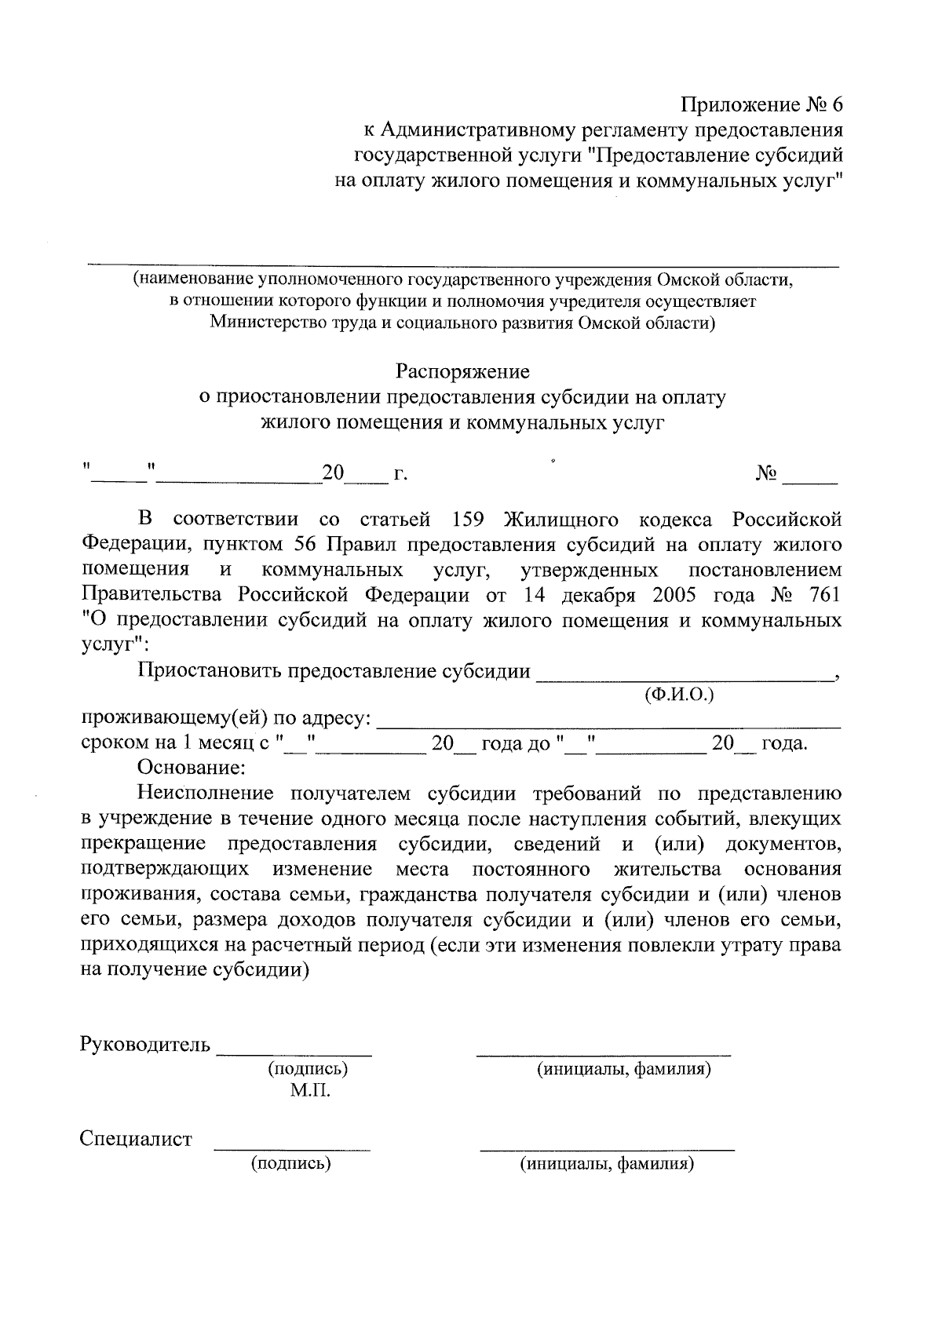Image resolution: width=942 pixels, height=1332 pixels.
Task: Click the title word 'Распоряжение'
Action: [462, 370]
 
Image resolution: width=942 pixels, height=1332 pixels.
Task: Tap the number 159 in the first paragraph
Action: [472, 520]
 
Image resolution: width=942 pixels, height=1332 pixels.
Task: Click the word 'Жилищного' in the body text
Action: [560, 520]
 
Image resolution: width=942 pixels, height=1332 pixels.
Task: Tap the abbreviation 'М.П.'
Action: [310, 1091]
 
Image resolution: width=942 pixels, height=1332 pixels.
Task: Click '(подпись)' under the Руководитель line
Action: [309, 1069]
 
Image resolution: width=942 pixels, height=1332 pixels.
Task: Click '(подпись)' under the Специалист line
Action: [291, 1163]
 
